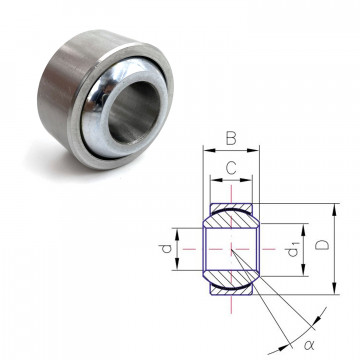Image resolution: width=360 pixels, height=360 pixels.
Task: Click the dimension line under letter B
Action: (231, 153)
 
